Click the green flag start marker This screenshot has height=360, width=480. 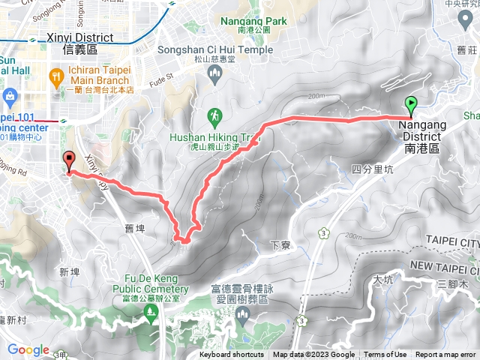pos(412,105)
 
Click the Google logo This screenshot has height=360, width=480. pos(28,350)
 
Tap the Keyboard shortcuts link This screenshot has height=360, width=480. pos(232,355)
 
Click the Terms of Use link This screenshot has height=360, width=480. pos(385,355)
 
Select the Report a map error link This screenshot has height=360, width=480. pos(447,355)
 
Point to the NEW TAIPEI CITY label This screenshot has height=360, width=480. pos(444,266)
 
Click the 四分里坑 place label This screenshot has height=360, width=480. pos(372,169)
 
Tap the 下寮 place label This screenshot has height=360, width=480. pos(278,245)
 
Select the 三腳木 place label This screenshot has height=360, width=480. pos(454,284)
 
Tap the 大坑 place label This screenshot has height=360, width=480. pos(382,280)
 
